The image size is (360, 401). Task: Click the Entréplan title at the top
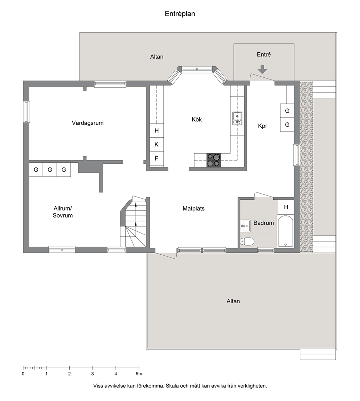[180, 14]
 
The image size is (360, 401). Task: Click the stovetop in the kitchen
[213, 160]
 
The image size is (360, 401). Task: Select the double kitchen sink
[237, 118]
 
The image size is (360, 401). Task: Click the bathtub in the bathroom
[285, 231]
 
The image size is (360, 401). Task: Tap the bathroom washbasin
[245, 226]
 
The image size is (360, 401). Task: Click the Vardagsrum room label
[87, 123]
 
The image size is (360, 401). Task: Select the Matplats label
[193, 209]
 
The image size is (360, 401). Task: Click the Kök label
[197, 120]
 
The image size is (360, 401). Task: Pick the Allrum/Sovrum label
[62, 212]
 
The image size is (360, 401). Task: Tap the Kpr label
[263, 126]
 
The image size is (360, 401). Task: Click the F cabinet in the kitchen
[157, 159]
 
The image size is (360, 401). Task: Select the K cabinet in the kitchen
[157, 145]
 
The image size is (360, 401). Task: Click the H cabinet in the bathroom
[286, 207]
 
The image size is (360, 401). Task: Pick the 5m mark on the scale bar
[139, 374]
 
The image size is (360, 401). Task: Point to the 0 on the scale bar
[23, 374]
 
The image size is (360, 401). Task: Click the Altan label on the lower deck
[233, 301]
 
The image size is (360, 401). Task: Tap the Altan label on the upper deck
[157, 57]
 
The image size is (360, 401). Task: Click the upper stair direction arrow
[136, 204]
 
